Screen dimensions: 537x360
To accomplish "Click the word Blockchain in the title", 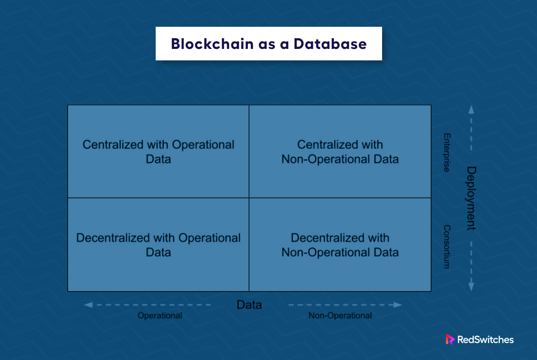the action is click(212, 44).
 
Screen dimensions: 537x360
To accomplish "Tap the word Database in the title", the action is click(330, 44).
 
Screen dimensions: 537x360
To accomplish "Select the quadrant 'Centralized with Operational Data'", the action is click(158, 151).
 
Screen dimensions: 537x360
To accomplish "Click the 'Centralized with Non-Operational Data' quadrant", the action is click(340, 151).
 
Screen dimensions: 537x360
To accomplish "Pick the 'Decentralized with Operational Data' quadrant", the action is click(158, 245).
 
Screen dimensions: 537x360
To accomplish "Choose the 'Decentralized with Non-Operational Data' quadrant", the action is click(340, 245).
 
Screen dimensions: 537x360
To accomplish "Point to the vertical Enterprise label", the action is click(447, 152).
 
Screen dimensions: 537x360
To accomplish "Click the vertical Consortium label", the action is click(447, 247).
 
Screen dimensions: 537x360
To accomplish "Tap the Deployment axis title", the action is click(471, 198).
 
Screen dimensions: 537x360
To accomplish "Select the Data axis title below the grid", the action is click(249, 305).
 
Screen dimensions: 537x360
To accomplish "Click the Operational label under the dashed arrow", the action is click(159, 316).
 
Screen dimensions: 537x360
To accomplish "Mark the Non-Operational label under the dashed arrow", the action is click(340, 316).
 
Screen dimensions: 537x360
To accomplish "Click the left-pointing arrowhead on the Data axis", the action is click(88, 305).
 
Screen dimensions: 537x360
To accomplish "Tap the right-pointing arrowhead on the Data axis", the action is click(398, 305).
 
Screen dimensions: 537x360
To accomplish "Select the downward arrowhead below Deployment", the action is click(471, 287).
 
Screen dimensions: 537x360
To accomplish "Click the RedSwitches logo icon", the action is click(450, 339).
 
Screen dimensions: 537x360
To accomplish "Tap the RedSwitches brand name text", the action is click(485, 340).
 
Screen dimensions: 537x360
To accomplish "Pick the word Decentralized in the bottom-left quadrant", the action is click(113, 238).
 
